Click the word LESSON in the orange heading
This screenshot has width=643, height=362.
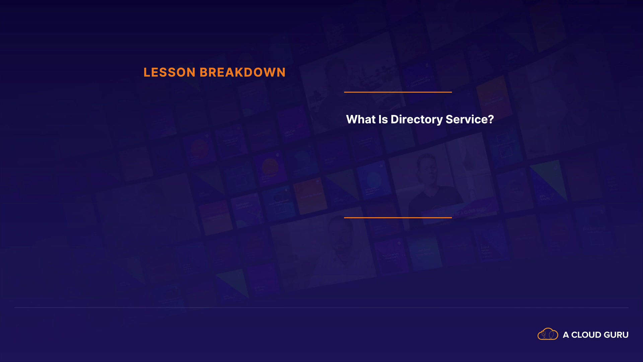point(169,72)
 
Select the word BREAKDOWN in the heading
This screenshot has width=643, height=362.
point(243,72)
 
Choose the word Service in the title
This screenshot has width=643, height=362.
point(467,119)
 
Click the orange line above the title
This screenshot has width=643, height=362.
point(398,92)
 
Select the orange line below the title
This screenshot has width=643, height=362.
point(398,218)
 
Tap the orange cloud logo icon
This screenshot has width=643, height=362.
point(548,334)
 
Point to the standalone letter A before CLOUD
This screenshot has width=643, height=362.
point(566,335)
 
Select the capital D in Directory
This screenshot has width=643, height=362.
point(395,119)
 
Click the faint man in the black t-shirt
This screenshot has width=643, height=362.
point(432,188)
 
